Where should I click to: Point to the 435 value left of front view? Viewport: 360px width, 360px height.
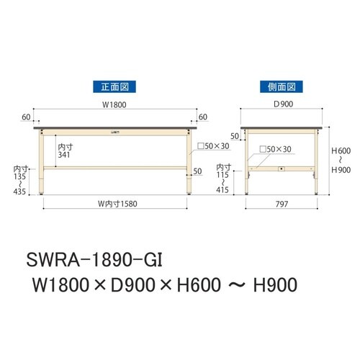point(19,192)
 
